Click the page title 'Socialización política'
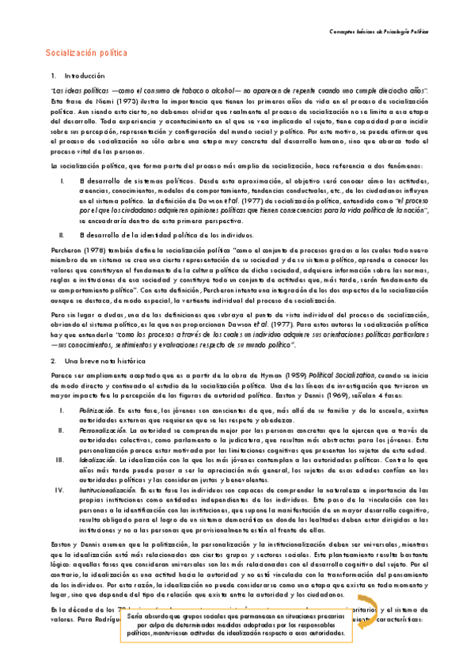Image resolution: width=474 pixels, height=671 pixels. [x=87, y=53]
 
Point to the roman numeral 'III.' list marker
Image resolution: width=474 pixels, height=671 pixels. [x=59, y=457]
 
